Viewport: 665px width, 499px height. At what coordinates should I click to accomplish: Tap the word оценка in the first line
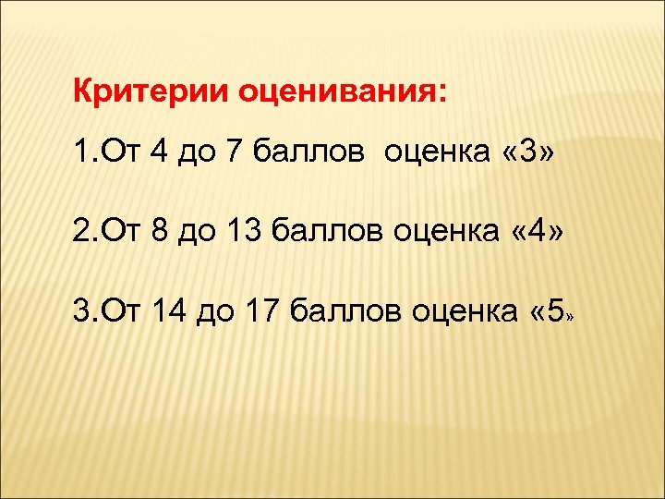click(431, 151)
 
